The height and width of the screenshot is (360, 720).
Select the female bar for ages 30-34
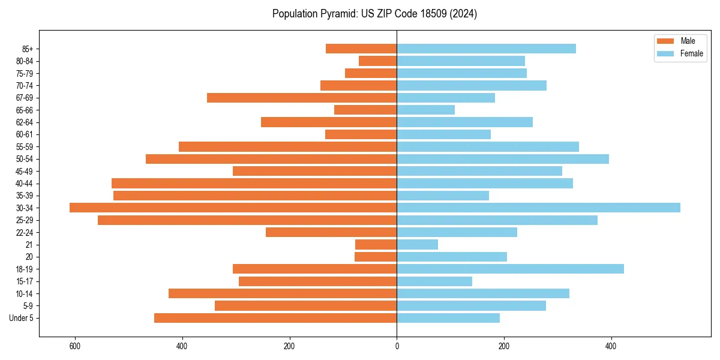[x=538, y=208]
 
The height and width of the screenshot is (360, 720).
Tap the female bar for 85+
[x=486, y=49]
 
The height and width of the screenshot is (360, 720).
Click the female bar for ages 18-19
[x=510, y=269]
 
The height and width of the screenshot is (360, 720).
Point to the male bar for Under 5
[x=275, y=318]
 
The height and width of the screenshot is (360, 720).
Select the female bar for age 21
[x=417, y=244]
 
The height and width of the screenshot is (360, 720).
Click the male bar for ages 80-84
[x=377, y=61]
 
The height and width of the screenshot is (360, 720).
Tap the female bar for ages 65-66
[x=425, y=110]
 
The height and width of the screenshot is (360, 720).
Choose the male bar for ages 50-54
[x=271, y=159]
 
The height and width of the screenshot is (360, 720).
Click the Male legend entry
[x=679, y=41]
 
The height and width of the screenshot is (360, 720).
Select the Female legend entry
[x=679, y=53]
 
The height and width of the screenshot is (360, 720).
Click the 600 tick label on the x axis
[x=75, y=346]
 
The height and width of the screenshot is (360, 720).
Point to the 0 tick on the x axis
[x=397, y=346]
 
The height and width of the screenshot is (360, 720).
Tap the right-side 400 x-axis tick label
[x=611, y=346]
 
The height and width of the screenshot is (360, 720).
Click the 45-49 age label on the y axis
[x=24, y=171]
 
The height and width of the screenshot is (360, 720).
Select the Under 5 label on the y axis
[x=22, y=318]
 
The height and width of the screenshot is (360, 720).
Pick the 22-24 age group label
[x=24, y=232]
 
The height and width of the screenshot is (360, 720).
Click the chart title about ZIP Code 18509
[x=374, y=14]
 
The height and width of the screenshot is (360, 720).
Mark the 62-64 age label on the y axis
[x=24, y=122]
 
